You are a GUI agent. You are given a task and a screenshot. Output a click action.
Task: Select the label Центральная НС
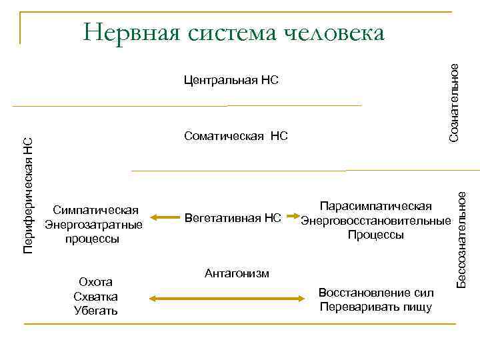[230, 81]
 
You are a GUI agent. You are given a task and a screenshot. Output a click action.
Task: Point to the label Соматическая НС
[235, 137]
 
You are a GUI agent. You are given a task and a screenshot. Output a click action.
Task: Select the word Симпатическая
[93, 209]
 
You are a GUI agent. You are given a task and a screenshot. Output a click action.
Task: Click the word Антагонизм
[237, 273]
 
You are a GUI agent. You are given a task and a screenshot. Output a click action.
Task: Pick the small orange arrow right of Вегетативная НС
[291, 216]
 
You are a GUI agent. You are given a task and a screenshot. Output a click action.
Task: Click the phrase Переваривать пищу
[376, 307]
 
